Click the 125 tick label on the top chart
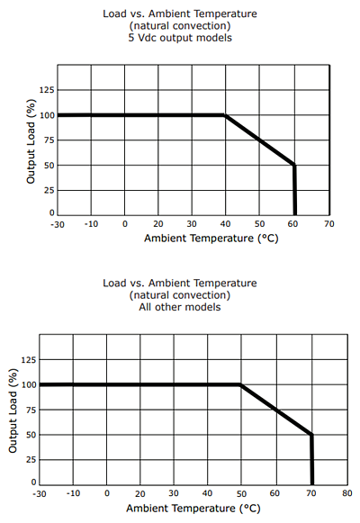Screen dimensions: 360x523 pyautogui.click(x=47, y=90)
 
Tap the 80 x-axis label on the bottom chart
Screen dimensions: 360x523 pyautogui.click(x=347, y=493)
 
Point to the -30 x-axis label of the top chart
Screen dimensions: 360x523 pyautogui.click(x=58, y=224)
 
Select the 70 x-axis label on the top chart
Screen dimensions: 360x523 pyautogui.click(x=329, y=224)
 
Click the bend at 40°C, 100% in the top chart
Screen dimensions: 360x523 pyautogui.click(x=225, y=115)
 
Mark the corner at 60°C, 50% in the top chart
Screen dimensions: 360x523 pyautogui.click(x=294, y=165)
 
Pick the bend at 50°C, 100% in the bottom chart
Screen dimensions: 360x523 pyautogui.click(x=240, y=385)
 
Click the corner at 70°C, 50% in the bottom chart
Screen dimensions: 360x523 pyautogui.click(x=311, y=435)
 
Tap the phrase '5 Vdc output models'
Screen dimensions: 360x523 pyautogui.click(x=180, y=38)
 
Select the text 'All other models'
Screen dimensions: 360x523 pyautogui.click(x=180, y=307)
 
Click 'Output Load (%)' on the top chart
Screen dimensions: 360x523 pyautogui.click(x=31, y=141)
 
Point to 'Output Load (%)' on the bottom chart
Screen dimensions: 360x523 pyautogui.click(x=13, y=410)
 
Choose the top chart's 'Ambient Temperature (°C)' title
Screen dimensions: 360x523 pyautogui.click(x=211, y=239)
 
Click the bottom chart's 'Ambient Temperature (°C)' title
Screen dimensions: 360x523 pyautogui.click(x=193, y=509)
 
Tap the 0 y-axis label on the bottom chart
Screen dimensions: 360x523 pyautogui.click(x=33, y=482)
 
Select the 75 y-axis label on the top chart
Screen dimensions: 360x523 pyautogui.click(x=49, y=140)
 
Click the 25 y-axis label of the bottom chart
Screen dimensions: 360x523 pyautogui.click(x=31, y=460)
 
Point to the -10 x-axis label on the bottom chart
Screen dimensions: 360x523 pyautogui.click(x=73, y=493)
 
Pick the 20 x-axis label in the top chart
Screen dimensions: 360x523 pyautogui.click(x=158, y=224)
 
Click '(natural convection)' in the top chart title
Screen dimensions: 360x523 pyautogui.click(x=180, y=26)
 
